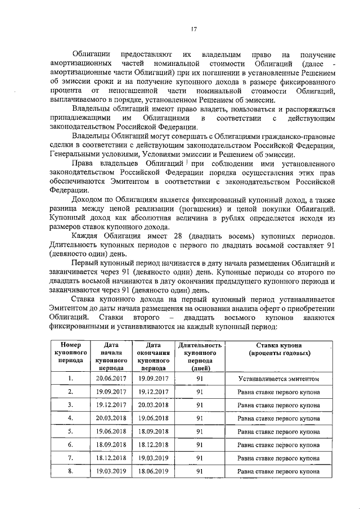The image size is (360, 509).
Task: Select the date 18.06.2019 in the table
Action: click(154, 471)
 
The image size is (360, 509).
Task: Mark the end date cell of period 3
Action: click(154, 405)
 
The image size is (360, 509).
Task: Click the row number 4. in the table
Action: click(70, 418)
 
